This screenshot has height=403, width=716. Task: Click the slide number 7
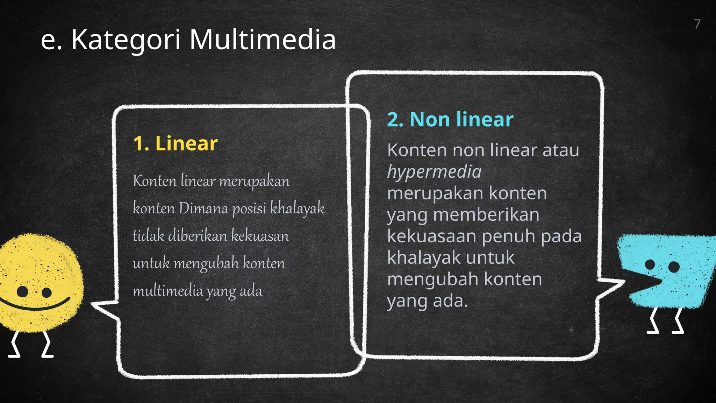coord(697,24)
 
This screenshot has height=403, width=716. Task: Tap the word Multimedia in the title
coord(263,40)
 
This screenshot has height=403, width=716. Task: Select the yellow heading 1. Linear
coord(175,143)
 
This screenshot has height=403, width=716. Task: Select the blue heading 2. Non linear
coord(450,120)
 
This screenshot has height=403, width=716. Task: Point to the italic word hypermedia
coord(434,172)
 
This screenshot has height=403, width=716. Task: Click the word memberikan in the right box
coord(486,215)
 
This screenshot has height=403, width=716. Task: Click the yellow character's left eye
coord(22,291)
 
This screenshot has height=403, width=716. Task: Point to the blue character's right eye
coord(674,267)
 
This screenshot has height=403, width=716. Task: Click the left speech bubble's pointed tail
coord(100,306)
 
